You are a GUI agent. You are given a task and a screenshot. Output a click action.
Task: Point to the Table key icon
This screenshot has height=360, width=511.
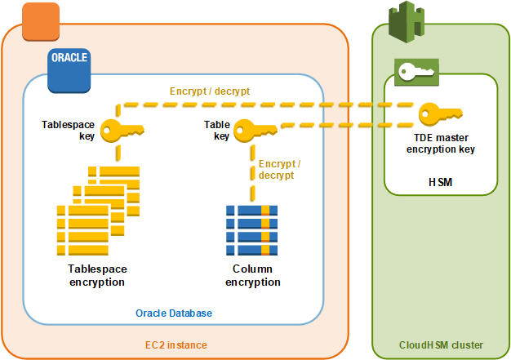point(254,130)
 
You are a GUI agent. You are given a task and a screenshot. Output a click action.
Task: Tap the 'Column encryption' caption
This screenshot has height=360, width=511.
point(252,275)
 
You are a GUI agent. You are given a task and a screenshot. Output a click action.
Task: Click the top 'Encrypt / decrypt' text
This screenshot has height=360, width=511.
point(209,91)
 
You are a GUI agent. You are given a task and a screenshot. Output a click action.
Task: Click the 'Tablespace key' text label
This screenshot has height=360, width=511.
point(69,131)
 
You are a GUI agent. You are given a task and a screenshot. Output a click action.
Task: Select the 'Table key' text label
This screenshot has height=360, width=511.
point(216,131)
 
